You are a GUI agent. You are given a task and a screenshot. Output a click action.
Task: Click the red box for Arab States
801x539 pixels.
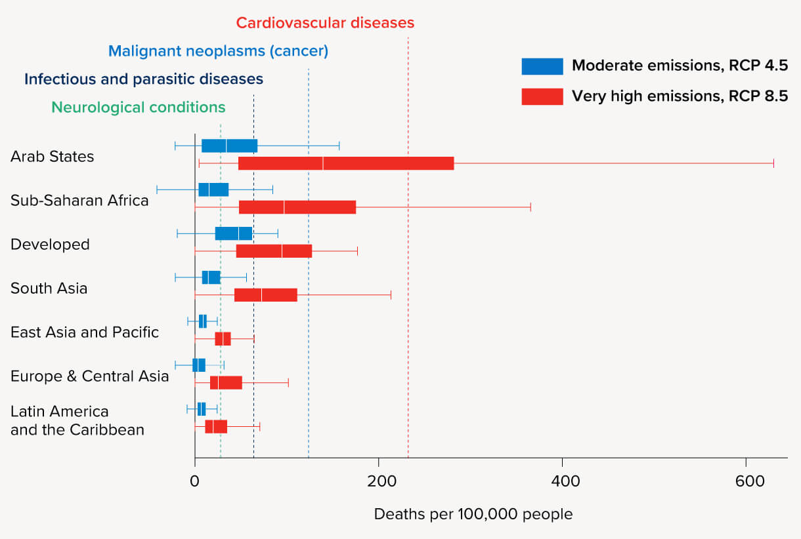coord(345,163)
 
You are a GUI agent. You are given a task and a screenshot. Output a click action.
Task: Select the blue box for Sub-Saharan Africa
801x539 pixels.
coord(213,190)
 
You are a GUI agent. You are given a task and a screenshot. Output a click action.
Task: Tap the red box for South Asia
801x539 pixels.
coord(265,295)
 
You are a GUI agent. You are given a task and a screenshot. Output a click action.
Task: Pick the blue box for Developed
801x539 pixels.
coord(233,233)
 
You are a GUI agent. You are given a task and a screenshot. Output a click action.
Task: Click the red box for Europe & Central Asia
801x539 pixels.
coord(226,383)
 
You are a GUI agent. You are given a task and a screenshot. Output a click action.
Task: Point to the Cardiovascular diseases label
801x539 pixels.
coord(325,23)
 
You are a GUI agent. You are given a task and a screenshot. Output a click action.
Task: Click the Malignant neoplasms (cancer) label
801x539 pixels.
coord(218,50)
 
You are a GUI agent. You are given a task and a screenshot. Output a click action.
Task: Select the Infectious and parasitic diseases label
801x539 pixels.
coord(144,79)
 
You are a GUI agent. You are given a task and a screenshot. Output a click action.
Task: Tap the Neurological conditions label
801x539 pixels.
coord(138,107)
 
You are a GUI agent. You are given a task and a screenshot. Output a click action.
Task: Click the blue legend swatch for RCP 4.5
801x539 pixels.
coord(542,66)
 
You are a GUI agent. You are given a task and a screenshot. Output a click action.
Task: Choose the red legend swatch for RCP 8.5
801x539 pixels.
coord(542,96)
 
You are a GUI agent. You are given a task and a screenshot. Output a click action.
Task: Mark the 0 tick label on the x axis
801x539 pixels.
coord(194,481)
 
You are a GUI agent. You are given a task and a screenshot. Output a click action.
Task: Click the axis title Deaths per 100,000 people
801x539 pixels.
coord(473,514)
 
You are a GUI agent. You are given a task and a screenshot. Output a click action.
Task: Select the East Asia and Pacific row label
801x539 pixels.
coord(85,332)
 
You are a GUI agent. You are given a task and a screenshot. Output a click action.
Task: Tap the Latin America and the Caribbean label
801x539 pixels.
coord(77,420)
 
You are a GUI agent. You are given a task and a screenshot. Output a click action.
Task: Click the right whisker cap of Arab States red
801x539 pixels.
coord(774,163)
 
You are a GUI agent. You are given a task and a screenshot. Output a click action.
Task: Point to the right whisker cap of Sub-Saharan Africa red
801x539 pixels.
coord(530,207)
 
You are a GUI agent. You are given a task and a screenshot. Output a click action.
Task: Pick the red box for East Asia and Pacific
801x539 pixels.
coord(223,339)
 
